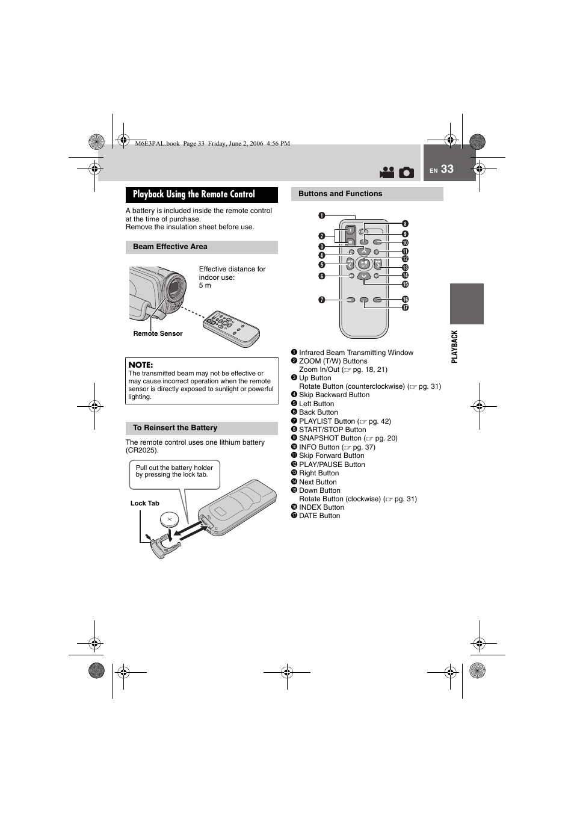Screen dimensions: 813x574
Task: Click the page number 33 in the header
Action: pos(447,170)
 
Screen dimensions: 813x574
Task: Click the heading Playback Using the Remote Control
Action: pos(194,194)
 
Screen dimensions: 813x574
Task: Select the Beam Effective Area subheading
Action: pos(170,247)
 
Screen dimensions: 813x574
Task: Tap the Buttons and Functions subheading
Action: pos(341,194)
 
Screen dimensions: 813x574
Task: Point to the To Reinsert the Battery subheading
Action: pos(175,428)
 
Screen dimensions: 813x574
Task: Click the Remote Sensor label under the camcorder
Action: pos(158,333)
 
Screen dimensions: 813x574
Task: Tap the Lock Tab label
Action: pos(145,503)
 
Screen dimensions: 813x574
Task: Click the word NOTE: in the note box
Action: pos(141,365)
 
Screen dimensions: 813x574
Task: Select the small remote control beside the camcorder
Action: pos(231,328)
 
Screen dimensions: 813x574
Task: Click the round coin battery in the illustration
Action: pos(170,519)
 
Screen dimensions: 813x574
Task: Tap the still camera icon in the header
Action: pos(407,173)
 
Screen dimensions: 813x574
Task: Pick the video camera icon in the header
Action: pos(387,173)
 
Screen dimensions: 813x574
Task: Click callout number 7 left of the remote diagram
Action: pos(322,300)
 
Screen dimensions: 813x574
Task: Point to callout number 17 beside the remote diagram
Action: pos(405,308)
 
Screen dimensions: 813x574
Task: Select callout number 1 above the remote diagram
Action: pos(322,216)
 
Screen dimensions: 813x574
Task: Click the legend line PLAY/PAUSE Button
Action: pos(332,465)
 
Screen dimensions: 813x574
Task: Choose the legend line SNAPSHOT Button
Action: pos(330,438)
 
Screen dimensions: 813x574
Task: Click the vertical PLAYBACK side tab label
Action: pos(455,346)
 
